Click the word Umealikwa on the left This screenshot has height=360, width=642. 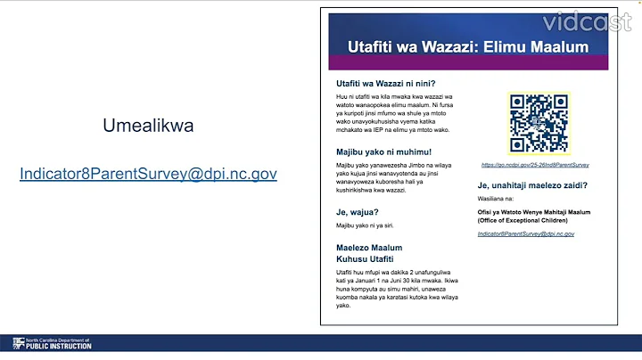(148, 126)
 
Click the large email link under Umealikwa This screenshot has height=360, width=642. (148, 174)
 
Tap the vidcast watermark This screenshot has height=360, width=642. (592, 20)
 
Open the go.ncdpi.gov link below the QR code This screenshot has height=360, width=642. (535, 165)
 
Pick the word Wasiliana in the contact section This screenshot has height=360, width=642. (495, 200)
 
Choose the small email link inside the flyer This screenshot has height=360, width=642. (525, 233)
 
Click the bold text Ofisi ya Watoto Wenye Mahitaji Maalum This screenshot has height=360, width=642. (533, 211)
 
